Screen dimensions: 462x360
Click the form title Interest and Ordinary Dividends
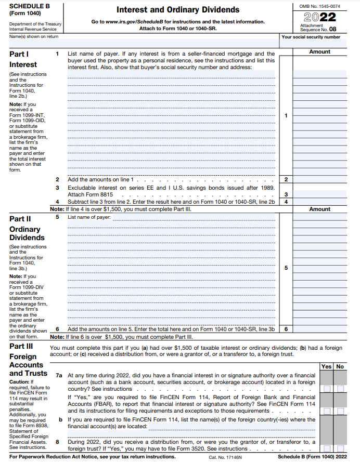[x=178, y=10]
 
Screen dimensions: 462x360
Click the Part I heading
[x=19, y=54]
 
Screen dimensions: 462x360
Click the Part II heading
[x=20, y=219]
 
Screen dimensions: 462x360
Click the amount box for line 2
[x=319, y=179]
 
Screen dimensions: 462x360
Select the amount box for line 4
[x=319, y=202]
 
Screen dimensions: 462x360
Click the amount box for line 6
[x=319, y=329]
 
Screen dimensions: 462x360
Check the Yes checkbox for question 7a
[x=326, y=389]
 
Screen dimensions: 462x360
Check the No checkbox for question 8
[x=340, y=448]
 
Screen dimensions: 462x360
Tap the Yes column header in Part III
[x=326, y=366]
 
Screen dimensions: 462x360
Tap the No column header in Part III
[x=340, y=366]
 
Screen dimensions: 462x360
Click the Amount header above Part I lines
[x=319, y=52]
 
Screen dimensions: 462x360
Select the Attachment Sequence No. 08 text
[x=318, y=28]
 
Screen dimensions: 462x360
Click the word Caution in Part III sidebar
[x=19, y=382]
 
